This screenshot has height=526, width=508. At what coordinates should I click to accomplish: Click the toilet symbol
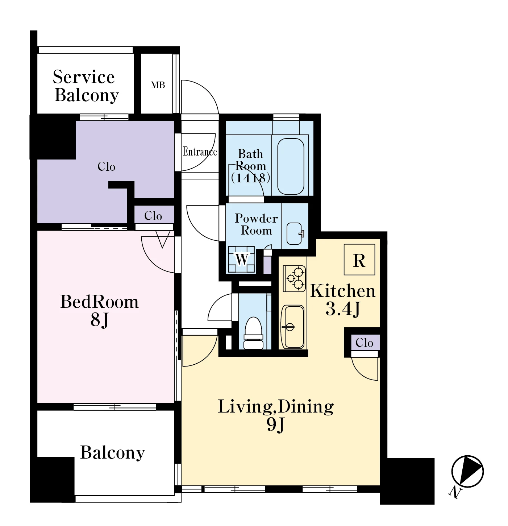point(253,332)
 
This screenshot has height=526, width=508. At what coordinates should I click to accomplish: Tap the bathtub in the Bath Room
point(291,166)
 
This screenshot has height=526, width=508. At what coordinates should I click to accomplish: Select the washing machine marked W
point(241,259)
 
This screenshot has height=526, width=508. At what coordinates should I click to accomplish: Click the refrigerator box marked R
point(359,260)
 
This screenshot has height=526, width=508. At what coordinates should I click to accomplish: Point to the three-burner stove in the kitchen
point(294,278)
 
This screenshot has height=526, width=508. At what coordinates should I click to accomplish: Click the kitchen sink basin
point(293,327)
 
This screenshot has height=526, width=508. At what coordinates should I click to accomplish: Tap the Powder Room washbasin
point(295,233)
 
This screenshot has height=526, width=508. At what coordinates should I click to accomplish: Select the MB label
point(158,85)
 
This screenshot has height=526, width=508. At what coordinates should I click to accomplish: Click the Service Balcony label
point(86,86)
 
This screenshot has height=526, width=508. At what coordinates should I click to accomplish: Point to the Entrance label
point(200,152)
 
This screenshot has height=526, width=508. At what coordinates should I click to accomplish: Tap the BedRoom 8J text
point(99,311)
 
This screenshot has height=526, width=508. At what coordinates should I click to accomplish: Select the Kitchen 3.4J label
point(343,300)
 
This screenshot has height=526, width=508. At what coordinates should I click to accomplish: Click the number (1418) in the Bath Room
point(250,178)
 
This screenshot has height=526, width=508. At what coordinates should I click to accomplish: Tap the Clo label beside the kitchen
point(364,343)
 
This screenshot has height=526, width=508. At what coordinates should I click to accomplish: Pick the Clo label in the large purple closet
point(107,166)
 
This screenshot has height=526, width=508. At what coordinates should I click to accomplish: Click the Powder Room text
point(256,224)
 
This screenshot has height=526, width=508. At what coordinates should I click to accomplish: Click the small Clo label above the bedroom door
point(153,216)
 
